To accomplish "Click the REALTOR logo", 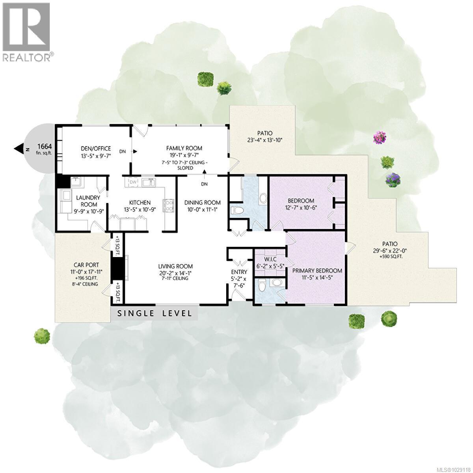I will [26, 32].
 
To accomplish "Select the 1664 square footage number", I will [44, 146].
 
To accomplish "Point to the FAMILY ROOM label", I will [184, 148].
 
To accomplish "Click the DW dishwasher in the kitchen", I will [132, 182].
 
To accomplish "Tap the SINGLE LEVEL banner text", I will [155, 313].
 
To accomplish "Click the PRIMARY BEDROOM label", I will [317, 271].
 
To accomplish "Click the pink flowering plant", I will [380, 138].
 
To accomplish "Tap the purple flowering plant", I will [393, 180].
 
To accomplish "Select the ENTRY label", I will [239, 272].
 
